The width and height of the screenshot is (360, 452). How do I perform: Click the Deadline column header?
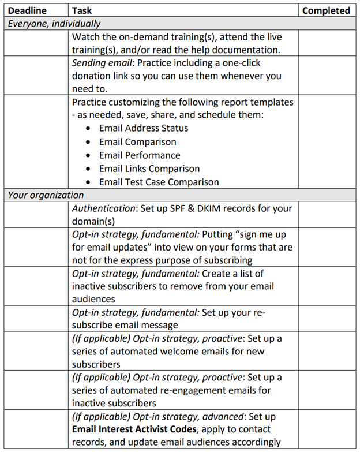[26, 10]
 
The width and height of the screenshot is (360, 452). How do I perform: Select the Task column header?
[82, 10]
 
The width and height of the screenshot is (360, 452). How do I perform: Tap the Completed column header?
[326, 10]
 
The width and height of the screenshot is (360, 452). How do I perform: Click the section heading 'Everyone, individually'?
[54, 24]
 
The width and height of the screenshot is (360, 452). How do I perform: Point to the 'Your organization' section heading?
[46, 195]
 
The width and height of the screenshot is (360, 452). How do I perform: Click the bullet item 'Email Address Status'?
[143, 128]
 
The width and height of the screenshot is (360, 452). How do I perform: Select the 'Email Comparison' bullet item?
[137, 141]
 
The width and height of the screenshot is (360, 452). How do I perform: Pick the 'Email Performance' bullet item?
[140, 155]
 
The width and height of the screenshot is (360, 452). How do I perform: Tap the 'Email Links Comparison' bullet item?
[149, 169]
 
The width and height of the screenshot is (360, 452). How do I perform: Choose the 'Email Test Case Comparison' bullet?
[159, 182]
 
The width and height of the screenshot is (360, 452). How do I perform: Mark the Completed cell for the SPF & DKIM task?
[327, 214]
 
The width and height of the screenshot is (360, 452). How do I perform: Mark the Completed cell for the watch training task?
[327, 43]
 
